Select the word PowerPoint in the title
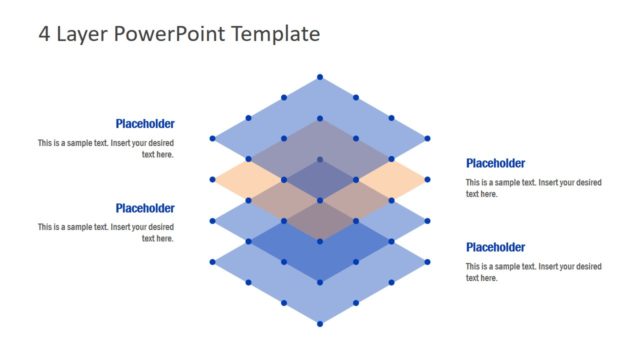[169, 34]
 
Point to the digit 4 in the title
[44, 34]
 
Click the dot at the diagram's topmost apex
[320, 77]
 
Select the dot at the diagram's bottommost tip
[320, 323]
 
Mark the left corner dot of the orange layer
[212, 180]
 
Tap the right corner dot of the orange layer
[428, 180]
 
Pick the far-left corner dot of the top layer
[212, 138]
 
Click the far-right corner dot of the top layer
[428, 138]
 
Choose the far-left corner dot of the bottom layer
[212, 262]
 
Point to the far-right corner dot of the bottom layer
[428, 262]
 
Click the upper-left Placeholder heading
[145, 124]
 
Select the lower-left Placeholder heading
[145, 208]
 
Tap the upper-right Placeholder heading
[495, 163]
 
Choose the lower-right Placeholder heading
[495, 247]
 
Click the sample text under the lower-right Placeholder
[533, 272]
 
